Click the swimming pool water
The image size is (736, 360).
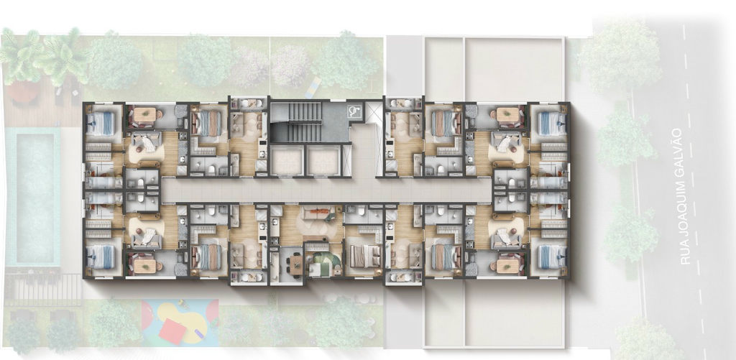36,197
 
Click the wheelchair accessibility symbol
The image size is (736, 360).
352,112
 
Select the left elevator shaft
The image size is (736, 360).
286,160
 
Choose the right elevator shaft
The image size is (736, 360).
323,160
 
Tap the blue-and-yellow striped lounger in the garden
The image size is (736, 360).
313,88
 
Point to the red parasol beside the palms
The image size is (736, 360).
22,91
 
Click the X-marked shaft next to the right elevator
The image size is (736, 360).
347,160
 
